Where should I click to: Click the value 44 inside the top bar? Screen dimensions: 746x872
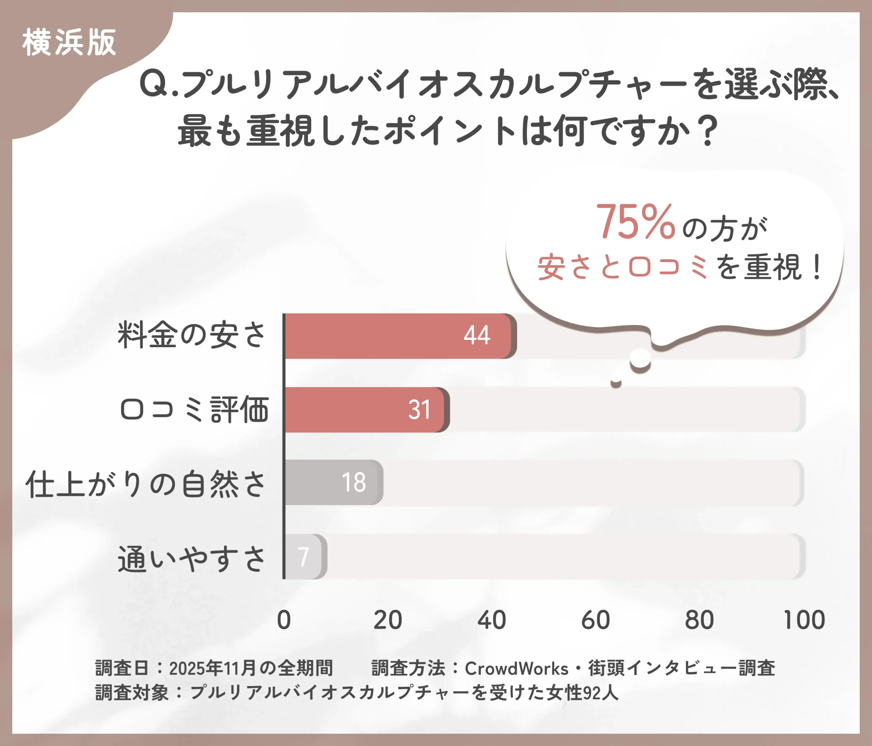477,336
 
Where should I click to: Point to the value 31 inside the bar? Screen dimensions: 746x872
419,410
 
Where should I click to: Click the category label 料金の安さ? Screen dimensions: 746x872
191,336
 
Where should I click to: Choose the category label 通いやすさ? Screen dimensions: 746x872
191,559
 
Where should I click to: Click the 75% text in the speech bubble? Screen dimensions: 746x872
636,222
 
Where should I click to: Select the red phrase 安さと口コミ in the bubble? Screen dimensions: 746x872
623,267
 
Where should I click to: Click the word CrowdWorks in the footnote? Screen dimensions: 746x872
516,668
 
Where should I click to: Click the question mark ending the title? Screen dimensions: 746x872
709,131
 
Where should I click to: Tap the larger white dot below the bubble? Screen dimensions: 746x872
640,358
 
